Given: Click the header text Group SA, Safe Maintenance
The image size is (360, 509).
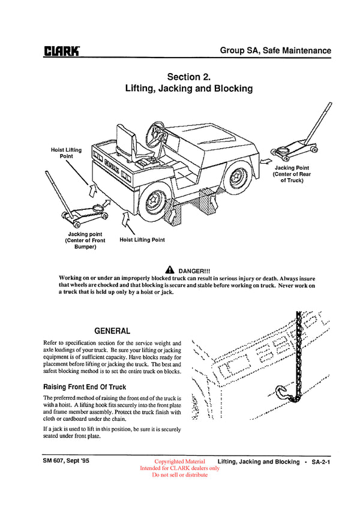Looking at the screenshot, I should coord(275,50).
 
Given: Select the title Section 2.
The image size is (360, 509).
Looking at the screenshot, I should coord(188,77).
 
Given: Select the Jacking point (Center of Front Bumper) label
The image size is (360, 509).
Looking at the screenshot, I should coord(86,240).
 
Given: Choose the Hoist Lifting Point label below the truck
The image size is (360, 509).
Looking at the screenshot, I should coord(142,240).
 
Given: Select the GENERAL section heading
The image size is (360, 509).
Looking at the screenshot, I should coord(112,331).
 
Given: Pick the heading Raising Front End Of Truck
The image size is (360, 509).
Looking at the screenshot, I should coord(84,387).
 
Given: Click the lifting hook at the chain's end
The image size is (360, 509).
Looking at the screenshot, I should coord(284,393).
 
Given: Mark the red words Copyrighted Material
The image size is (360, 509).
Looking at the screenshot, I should coord(179,462).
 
